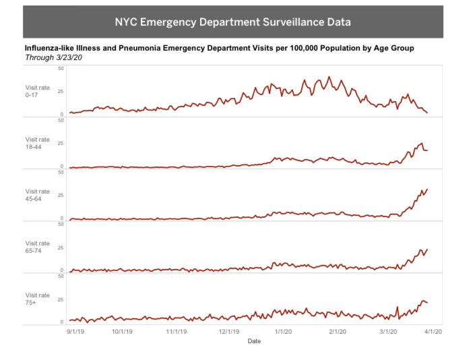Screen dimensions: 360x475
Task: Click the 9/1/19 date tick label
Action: pos(75,331)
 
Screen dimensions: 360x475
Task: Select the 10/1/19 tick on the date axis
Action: pos(122,331)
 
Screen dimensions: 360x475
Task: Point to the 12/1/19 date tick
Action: pos(228,331)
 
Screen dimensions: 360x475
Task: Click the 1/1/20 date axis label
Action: pos(283,331)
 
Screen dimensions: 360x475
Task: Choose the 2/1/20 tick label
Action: pos(338,331)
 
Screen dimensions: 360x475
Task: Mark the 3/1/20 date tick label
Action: pos(388,331)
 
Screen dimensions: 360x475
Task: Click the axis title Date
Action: pos(254,341)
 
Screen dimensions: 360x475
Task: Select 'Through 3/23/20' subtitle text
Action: pos(53,58)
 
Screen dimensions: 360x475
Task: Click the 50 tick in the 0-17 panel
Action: pos(61,69)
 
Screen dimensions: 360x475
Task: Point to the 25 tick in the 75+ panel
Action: pos(61,299)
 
